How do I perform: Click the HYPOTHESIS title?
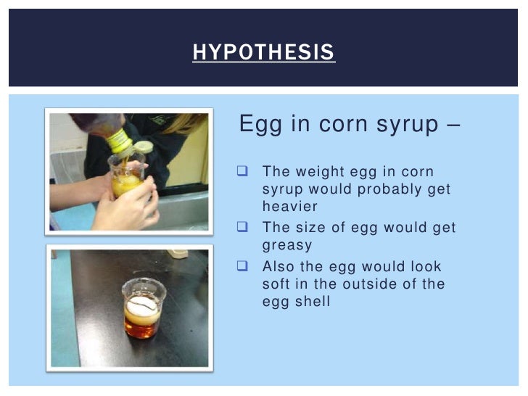(263, 52)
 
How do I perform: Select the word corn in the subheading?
(337, 124)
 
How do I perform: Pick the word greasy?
(287, 245)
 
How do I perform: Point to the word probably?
(387, 189)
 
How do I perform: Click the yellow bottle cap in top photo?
(118, 140)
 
